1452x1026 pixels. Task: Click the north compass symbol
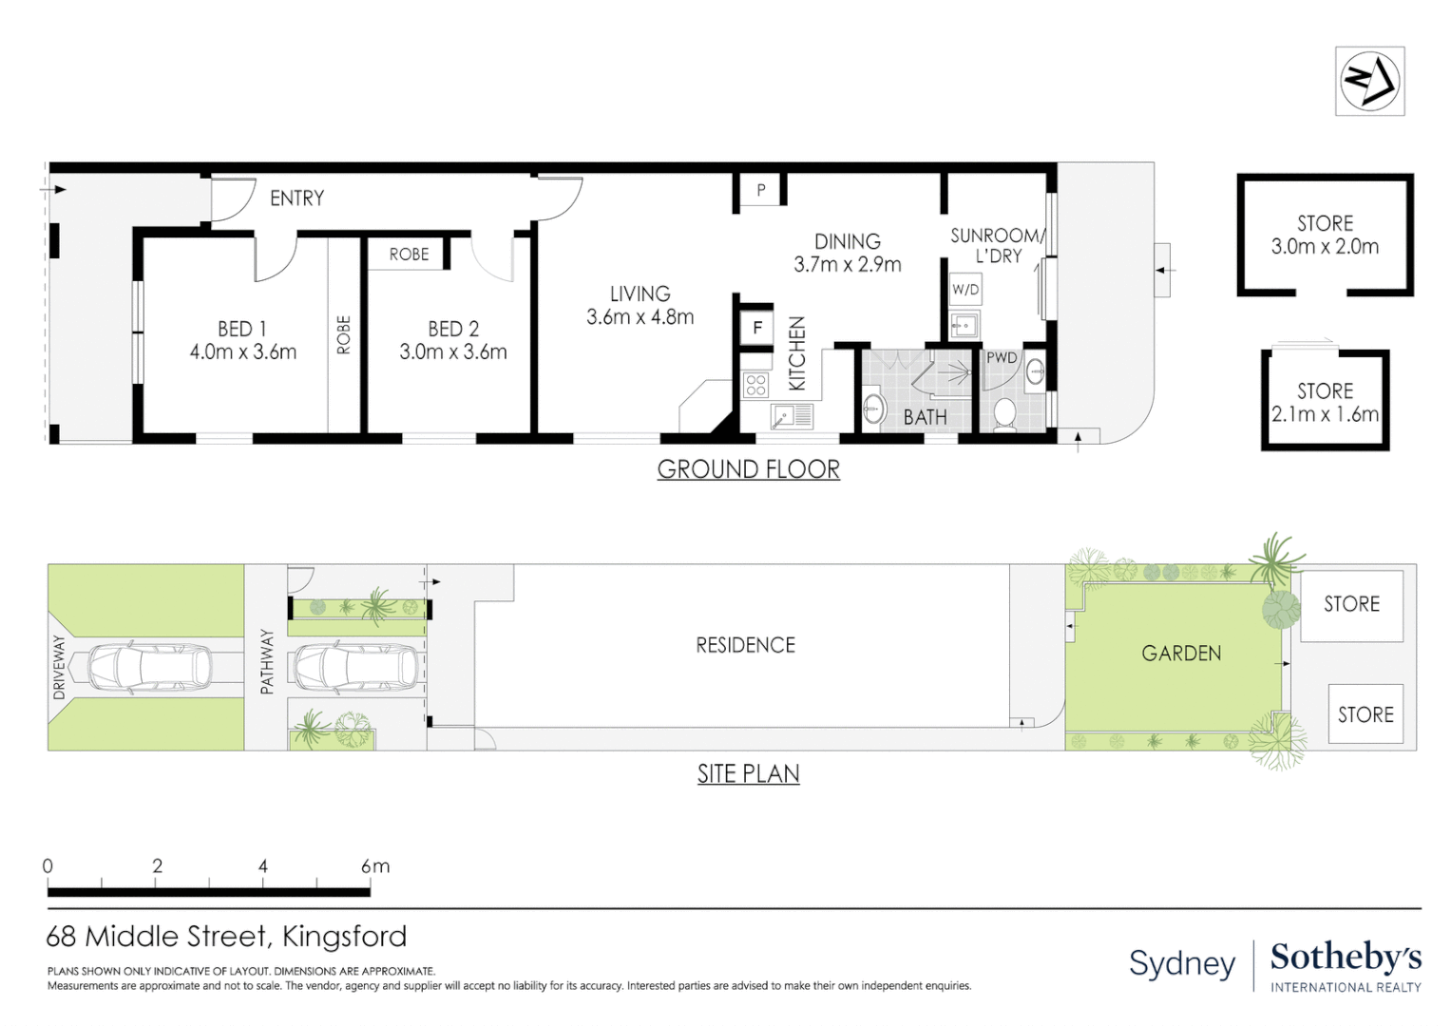point(1369,82)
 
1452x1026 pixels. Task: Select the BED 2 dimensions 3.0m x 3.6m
point(452,352)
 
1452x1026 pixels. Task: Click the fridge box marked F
point(757,329)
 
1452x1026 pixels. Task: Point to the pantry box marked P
point(760,190)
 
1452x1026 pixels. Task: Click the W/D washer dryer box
point(965,289)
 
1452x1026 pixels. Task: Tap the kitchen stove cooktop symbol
point(756,385)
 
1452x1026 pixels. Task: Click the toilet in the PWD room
point(1003,413)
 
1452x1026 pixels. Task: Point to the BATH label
point(925,418)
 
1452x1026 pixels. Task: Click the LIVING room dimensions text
point(640,317)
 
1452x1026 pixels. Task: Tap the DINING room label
point(847,241)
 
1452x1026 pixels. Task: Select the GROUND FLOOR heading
point(748,469)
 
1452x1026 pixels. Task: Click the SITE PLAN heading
point(748,774)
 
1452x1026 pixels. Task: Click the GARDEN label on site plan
point(1181,654)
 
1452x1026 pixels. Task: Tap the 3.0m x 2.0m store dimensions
point(1325,247)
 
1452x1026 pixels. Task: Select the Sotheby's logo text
point(1346,957)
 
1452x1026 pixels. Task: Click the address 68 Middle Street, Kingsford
point(226,937)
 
